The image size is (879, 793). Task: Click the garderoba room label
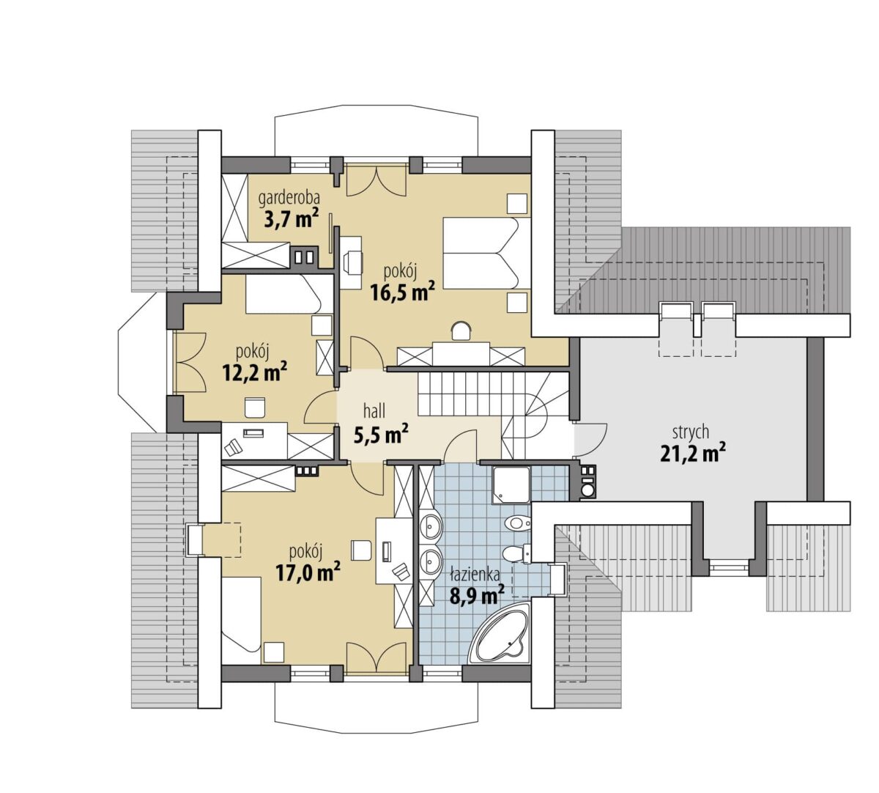(289, 198)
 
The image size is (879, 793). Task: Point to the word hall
(374, 411)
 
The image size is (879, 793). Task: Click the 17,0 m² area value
(308, 572)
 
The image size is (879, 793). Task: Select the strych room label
(691, 432)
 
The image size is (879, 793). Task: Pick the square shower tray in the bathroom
(511, 485)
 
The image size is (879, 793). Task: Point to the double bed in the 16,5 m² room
(487, 254)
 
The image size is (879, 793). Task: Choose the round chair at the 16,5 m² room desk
(461, 331)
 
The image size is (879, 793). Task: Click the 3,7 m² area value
(291, 218)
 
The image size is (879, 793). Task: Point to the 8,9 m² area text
(477, 595)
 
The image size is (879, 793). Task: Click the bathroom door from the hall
(460, 446)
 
